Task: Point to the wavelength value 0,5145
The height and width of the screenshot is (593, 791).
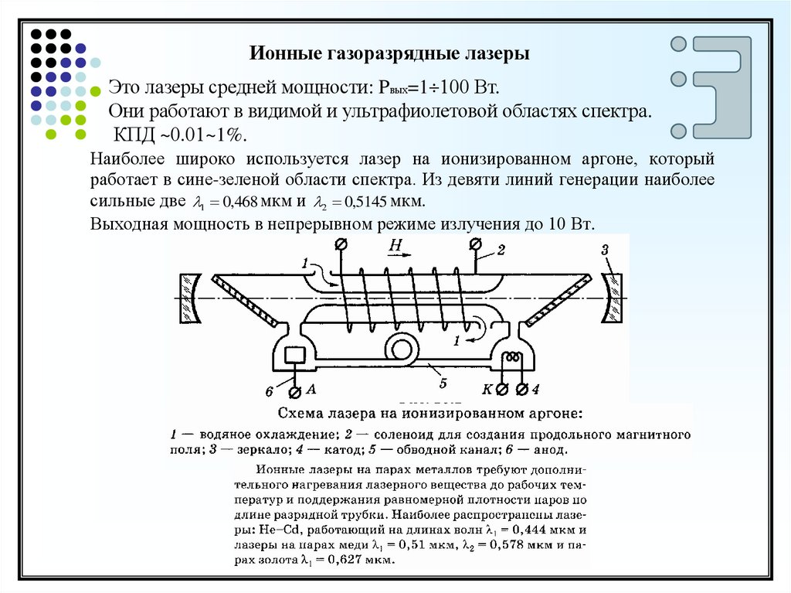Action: pos(365,203)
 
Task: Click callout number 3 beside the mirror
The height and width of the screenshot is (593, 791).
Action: pos(606,249)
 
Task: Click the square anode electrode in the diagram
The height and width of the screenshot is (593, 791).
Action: pos(296,356)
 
